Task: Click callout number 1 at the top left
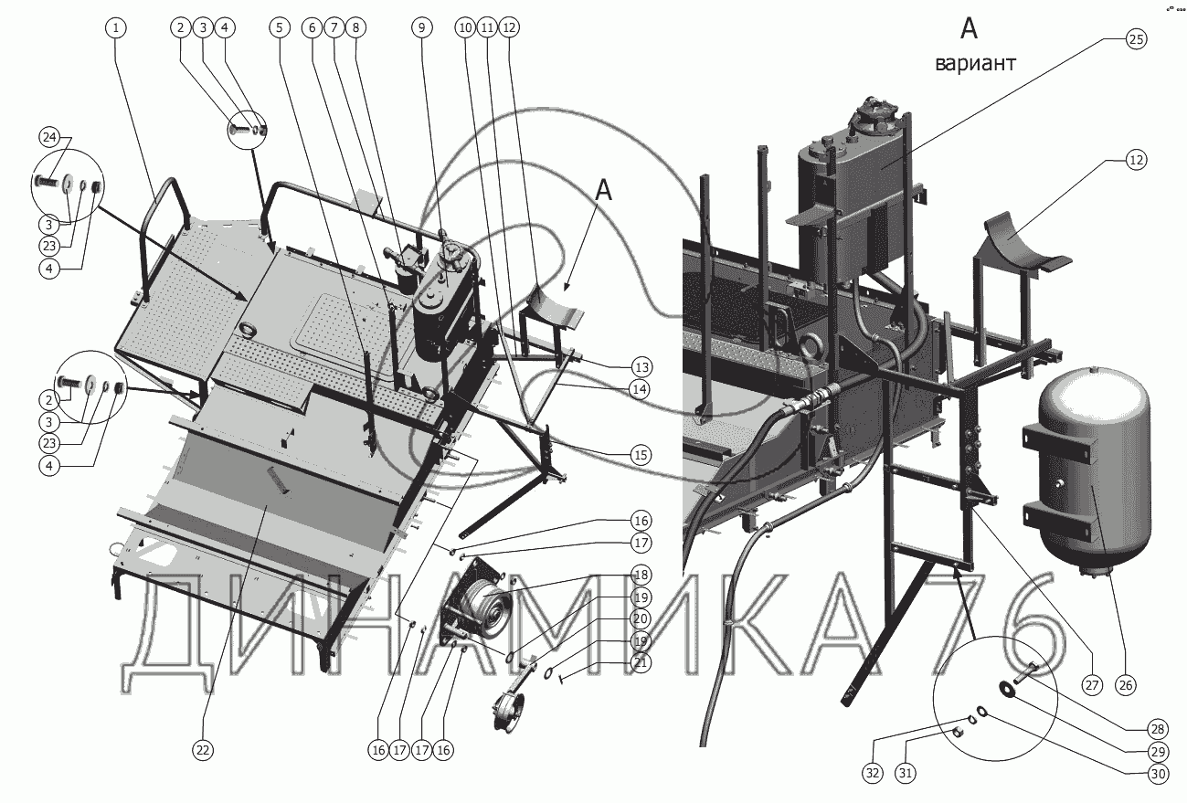(116, 27)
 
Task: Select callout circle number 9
(422, 27)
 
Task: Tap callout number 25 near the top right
(1136, 39)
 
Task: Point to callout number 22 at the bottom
(203, 750)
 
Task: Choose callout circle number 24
(49, 138)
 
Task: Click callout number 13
(641, 367)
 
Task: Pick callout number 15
(641, 455)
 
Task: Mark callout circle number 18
(641, 575)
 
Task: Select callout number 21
(641, 662)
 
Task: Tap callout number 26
(1126, 685)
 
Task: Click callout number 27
(1093, 685)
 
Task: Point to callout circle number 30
(1159, 774)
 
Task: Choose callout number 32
(873, 774)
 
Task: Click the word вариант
(975, 64)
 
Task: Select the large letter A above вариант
(970, 28)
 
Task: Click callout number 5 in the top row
(280, 27)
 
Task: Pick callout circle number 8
(355, 27)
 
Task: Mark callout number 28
(1159, 729)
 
